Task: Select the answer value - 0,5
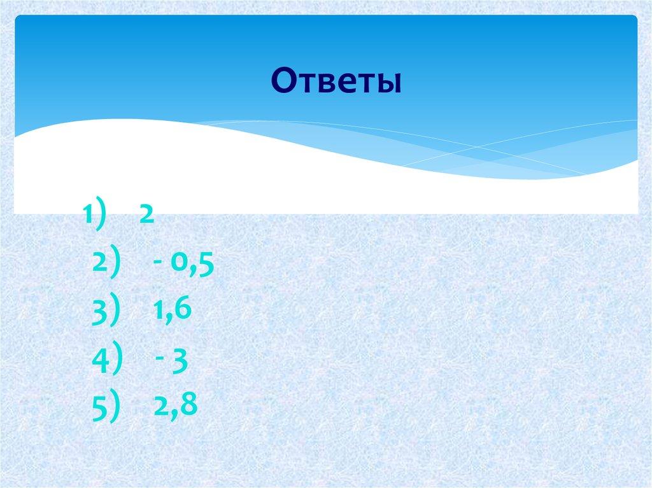click(182, 262)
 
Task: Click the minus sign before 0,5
click(156, 263)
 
